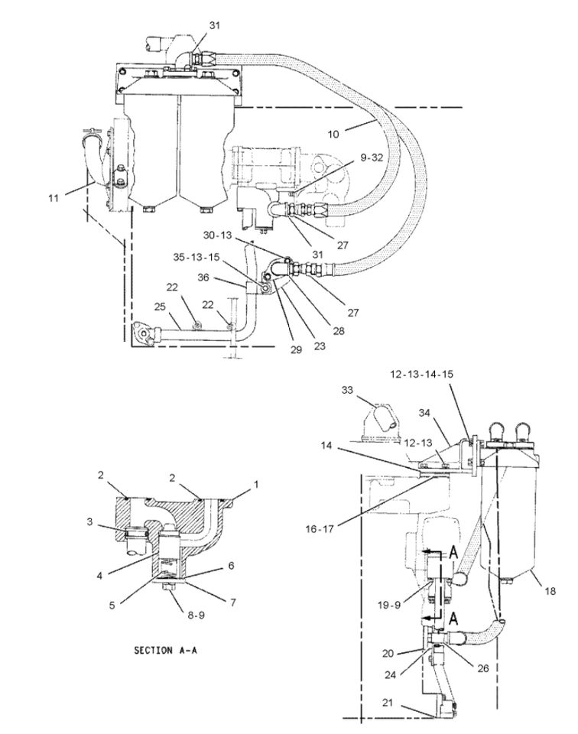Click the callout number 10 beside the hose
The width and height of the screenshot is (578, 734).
tap(333, 135)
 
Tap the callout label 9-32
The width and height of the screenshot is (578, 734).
tap(372, 158)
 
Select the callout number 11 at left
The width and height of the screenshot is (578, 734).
tap(54, 198)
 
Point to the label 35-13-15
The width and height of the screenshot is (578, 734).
tap(196, 257)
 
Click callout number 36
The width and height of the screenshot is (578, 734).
tap(203, 277)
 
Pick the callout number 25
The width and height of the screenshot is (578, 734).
tap(160, 306)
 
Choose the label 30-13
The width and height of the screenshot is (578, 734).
tap(218, 235)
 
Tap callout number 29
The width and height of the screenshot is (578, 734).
tap(296, 349)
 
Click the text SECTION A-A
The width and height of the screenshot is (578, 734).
tap(165, 650)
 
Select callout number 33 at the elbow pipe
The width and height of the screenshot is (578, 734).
tap(347, 390)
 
